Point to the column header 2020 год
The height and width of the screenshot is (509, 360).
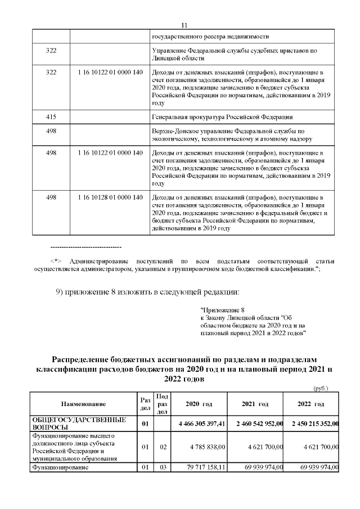click(199, 404)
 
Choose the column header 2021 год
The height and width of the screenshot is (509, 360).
click(255, 404)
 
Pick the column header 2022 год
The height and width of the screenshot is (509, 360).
click(311, 404)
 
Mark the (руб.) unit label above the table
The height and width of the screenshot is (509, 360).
click(320, 388)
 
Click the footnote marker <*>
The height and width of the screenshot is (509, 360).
click(56, 262)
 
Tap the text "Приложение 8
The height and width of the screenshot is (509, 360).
click(223, 310)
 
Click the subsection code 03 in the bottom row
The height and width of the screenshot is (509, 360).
click(161, 467)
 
